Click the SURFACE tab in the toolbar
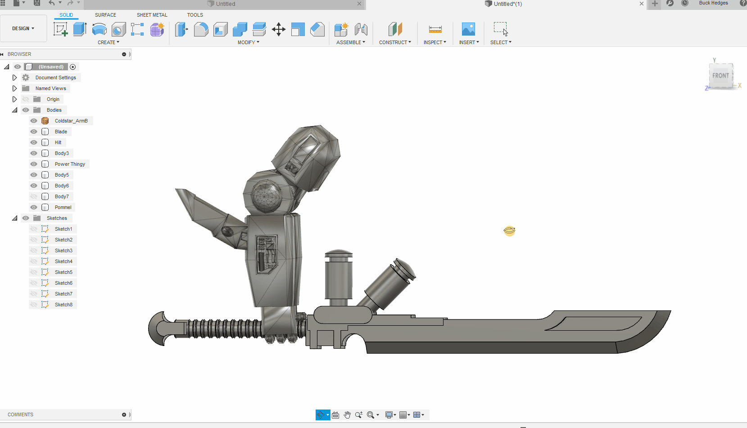coord(105,15)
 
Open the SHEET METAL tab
coord(152,15)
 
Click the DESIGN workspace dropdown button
coord(23,28)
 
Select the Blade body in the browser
coord(61,132)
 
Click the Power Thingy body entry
coord(70,164)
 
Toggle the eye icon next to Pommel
coord(34,207)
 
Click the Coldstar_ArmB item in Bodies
coord(71,121)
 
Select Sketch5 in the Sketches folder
coord(63,272)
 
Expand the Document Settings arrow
coord(14,77)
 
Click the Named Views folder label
coord(51,88)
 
